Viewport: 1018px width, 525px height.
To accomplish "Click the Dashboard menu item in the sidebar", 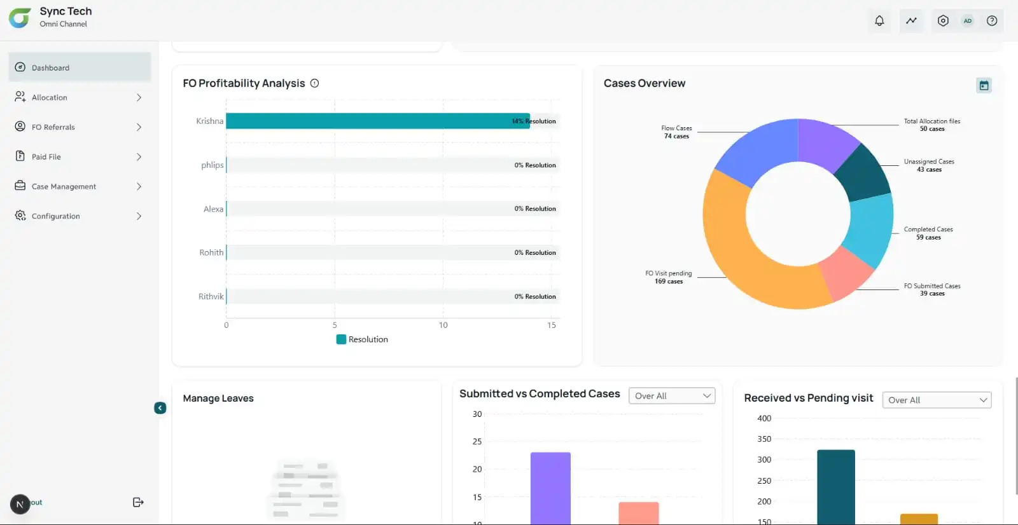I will (51, 67).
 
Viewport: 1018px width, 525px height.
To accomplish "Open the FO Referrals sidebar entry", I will (53, 127).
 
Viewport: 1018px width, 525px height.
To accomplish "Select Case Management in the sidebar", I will (64, 186).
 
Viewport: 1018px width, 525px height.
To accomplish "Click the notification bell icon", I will (879, 21).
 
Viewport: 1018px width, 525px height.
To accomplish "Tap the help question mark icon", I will (991, 21).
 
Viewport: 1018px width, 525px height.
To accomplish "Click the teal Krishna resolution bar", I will (369, 121).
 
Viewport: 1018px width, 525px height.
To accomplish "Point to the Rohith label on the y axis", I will (211, 252).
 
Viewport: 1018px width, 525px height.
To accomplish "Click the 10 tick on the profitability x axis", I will (443, 325).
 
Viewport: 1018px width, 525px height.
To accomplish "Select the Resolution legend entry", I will (362, 339).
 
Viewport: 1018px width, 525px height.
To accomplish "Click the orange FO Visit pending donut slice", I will (744, 254).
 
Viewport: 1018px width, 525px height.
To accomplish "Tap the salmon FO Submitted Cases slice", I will (847, 273).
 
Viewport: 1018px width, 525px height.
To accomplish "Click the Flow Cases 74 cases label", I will (676, 132).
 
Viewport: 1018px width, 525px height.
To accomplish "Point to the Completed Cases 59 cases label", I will (928, 233).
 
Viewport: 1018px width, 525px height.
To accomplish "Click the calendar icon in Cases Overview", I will (984, 85).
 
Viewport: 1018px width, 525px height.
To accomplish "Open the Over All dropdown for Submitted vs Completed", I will (672, 396).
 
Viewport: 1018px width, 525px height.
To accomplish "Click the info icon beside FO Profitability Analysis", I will (314, 83).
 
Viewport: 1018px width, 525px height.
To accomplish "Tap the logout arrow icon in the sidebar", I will (138, 502).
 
